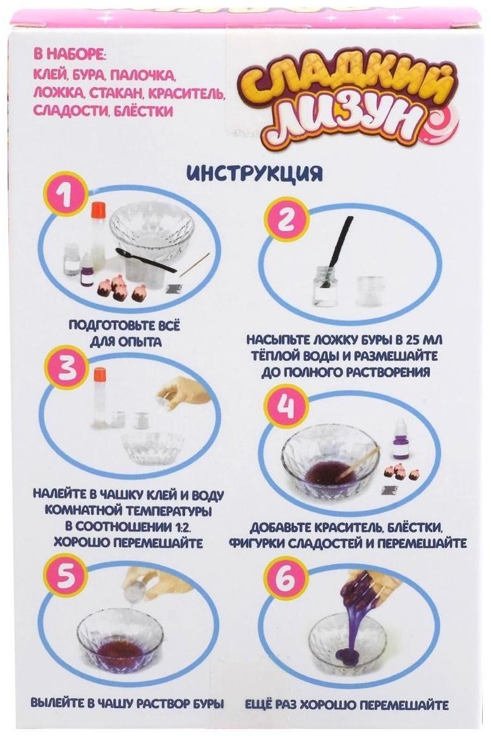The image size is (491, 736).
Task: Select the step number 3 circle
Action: (x=68, y=368)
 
